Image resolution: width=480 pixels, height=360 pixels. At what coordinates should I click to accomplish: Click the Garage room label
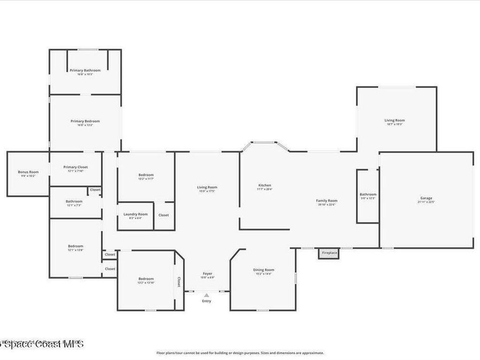pos(426,198)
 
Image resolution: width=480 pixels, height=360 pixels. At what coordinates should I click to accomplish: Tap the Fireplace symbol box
pos(329,253)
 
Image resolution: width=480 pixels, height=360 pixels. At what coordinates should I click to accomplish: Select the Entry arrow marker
pos(206,295)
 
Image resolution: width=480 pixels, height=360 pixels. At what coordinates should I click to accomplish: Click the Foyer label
pos(207,274)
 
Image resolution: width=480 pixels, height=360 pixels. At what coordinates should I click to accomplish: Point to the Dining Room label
pos(263,270)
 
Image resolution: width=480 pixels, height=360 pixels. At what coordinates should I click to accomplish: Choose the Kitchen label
pos(265,185)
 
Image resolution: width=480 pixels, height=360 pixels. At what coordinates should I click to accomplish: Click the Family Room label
pos(327,201)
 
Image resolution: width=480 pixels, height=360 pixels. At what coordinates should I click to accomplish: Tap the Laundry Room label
pos(135,214)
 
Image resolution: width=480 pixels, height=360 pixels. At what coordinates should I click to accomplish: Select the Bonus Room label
pos(28,172)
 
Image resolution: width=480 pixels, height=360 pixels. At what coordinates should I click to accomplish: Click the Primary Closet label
pos(75,167)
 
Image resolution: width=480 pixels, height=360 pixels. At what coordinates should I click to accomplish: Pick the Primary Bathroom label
pos(85,70)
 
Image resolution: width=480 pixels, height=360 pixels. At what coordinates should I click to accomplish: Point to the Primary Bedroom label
pos(85,121)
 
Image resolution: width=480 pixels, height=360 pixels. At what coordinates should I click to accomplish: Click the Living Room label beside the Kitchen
pos(207,187)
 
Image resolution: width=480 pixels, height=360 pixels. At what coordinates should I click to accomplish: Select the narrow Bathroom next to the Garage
pos(368,195)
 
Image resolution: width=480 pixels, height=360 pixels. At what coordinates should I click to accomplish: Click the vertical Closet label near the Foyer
pos(179,281)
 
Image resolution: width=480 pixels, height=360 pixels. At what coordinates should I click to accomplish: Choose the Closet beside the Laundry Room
pos(164,215)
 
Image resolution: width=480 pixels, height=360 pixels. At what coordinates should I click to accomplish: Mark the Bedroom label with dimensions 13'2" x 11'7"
pos(146,175)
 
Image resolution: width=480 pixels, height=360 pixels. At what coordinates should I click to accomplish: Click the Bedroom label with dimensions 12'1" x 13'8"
pos(75,246)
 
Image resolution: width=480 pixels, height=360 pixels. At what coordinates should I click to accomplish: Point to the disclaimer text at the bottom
pos(240,353)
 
